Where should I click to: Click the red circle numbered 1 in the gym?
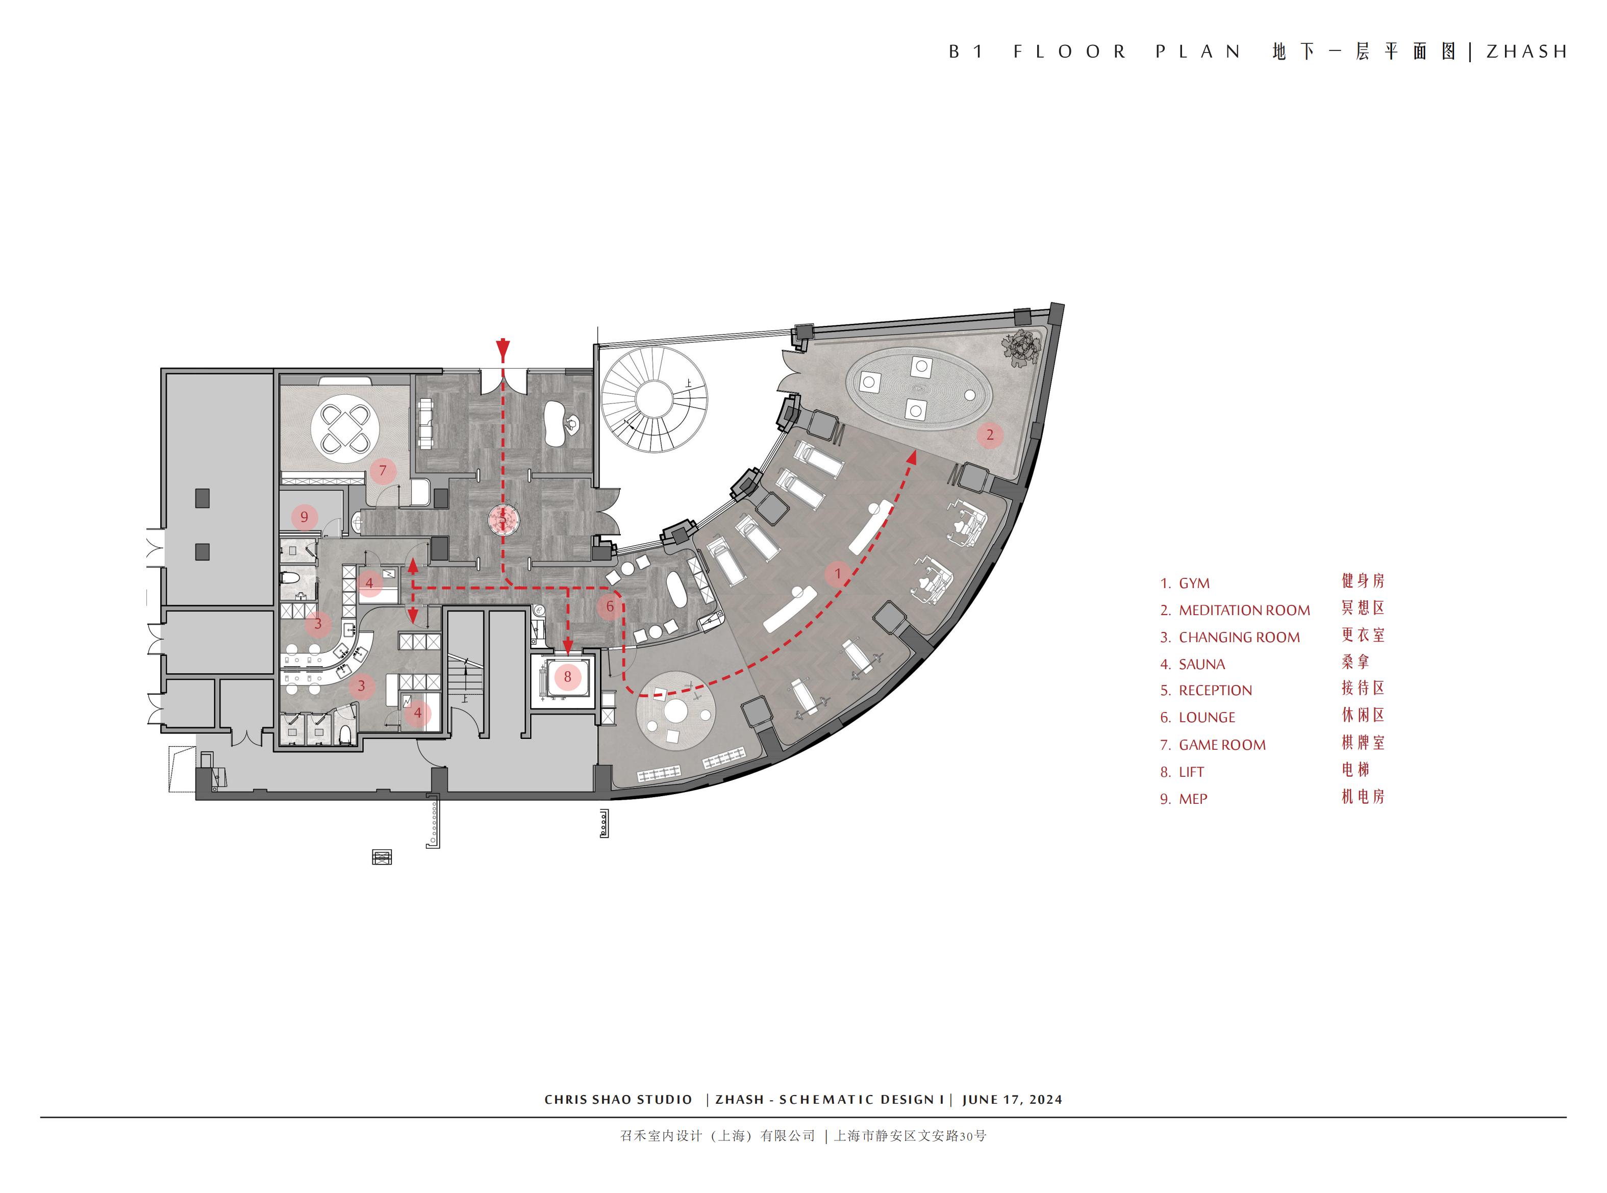[838, 574]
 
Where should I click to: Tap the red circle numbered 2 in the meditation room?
[990, 435]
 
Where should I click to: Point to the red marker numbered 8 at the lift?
[568, 677]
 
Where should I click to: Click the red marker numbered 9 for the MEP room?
[304, 517]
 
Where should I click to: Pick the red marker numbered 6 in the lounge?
[610, 606]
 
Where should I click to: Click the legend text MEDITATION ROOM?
[1244, 610]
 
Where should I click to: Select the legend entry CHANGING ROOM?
[1239, 638]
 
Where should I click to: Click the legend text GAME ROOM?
[1222, 745]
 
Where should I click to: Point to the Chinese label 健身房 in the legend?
[1363, 580]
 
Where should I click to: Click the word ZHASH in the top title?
[1526, 52]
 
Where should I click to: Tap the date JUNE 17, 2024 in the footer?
[1012, 1100]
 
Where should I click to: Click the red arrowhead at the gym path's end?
[912, 456]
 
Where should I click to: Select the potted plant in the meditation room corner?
[1022, 347]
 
